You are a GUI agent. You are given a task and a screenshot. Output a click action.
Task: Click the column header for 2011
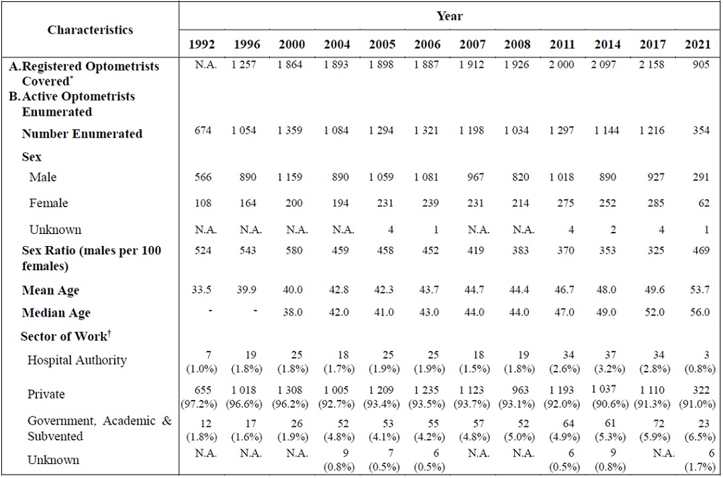pos(562,44)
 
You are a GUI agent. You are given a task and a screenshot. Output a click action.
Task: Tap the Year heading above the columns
pos(449,15)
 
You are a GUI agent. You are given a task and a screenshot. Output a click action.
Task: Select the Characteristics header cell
pos(90,30)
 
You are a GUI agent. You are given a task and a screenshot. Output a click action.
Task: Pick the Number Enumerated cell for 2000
pos(291,130)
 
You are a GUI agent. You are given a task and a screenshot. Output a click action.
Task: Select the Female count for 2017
pos(653,203)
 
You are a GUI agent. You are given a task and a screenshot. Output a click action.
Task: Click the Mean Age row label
pos(50,290)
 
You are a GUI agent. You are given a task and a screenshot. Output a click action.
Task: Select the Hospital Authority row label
pos(77,360)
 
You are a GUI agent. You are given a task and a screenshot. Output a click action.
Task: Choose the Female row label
pos(48,203)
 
